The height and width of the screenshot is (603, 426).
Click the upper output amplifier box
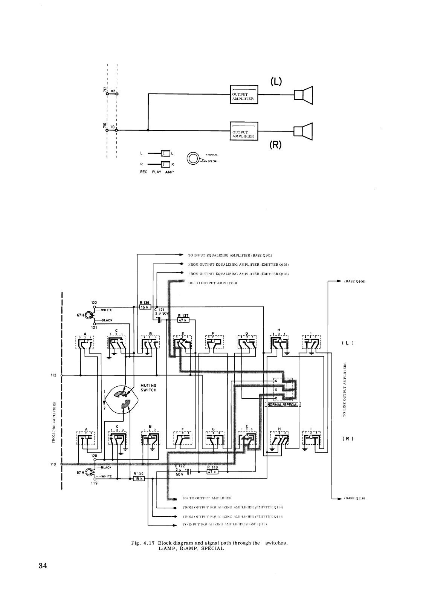coord(244,94)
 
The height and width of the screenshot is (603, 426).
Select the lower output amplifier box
coord(244,131)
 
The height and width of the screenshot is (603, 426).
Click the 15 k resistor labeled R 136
coord(145,307)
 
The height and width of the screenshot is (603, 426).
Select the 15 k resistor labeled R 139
coord(138,479)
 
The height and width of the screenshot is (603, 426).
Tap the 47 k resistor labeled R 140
coord(212,471)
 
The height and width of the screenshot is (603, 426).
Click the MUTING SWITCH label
coord(148,388)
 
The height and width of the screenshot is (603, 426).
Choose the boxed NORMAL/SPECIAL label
coord(283,405)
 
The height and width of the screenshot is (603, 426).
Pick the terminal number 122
coord(94,303)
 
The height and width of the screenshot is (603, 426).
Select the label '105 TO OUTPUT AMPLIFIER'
coord(212,283)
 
